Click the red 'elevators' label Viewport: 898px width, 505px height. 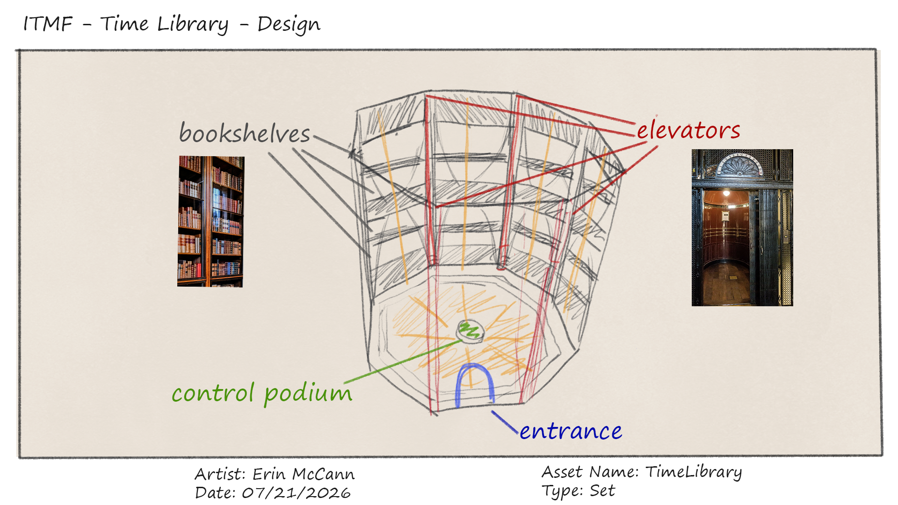click(688, 130)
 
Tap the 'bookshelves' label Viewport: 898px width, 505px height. click(245, 133)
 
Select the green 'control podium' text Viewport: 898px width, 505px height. click(262, 393)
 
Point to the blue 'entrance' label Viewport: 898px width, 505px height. click(571, 431)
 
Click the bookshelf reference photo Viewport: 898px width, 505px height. click(211, 221)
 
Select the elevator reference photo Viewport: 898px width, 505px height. click(742, 228)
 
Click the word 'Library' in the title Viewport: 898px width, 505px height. click(193, 24)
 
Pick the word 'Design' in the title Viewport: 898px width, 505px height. click(289, 24)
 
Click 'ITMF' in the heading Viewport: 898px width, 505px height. click(48, 24)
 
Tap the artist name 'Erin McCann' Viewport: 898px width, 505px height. click(304, 474)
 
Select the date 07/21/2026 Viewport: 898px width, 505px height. click(296, 493)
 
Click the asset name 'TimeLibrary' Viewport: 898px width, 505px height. click(694, 472)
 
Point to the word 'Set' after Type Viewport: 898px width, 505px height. click(602, 491)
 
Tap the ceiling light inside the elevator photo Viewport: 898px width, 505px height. click(726, 193)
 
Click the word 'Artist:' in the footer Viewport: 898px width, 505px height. click(220, 474)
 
